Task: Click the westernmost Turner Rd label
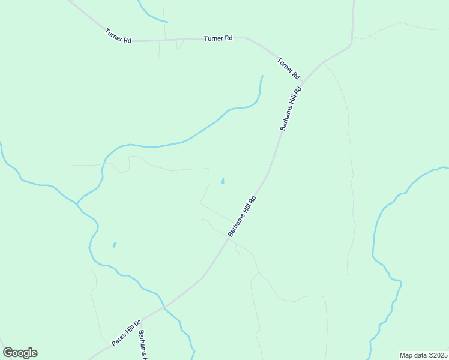[118, 36]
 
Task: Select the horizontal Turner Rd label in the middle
[218, 38]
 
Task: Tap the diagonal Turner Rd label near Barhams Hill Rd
[288, 68]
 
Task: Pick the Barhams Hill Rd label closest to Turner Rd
[291, 108]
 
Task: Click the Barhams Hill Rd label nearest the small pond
[243, 215]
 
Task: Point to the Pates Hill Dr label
[125, 332]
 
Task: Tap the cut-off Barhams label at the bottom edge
[143, 344]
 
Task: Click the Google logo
[20, 353]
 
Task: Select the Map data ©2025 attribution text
[423, 355]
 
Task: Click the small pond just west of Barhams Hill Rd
[223, 181]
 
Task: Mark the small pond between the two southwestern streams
[114, 245]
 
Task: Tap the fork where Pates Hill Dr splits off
[163, 307]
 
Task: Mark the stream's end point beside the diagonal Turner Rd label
[262, 76]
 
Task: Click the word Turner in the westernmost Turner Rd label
[114, 33]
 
